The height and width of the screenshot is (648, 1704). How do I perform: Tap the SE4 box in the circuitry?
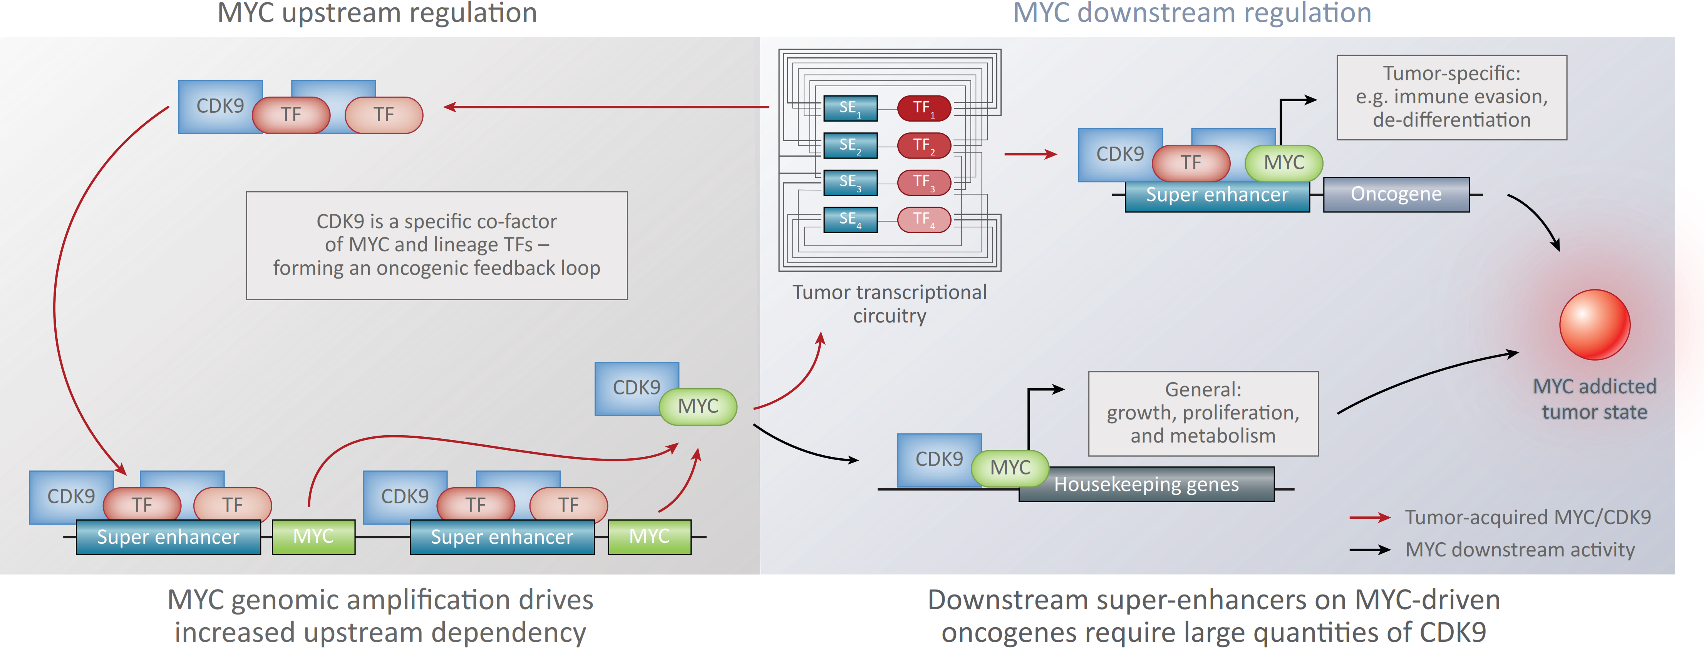coord(850,219)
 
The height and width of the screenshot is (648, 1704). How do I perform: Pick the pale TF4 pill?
coord(923,219)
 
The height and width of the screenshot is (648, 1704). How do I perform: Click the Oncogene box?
coord(1396,194)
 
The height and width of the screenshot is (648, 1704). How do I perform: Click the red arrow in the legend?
coord(1369,518)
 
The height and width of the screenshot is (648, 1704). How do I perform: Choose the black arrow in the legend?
coord(1369,549)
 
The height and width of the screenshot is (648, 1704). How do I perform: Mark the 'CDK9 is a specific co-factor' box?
coord(437,246)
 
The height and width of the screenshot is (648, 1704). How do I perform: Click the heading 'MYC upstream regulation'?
coord(377,13)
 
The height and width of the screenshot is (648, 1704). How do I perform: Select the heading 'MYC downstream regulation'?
coord(1192,13)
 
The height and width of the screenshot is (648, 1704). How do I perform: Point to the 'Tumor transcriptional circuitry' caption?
coord(889,304)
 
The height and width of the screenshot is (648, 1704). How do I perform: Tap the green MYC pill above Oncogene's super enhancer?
coord(1283,163)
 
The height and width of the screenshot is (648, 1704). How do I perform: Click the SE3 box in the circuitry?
coord(850,182)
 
